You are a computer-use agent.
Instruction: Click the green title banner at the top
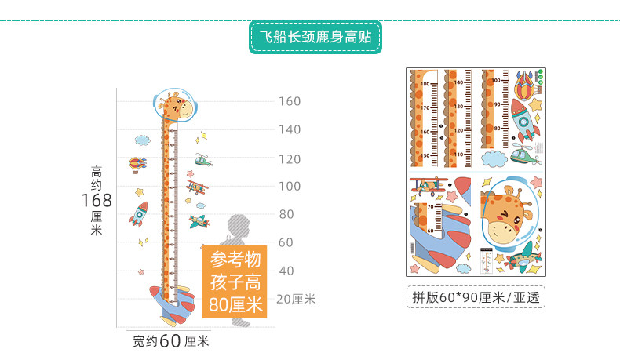[x=315, y=37]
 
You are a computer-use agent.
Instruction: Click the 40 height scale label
[x=287, y=271]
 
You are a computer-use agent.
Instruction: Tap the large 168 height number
[x=97, y=201]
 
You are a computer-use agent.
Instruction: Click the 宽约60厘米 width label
[x=170, y=341]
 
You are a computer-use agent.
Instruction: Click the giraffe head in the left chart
[x=176, y=107]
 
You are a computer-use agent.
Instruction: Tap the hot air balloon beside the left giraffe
[x=138, y=165]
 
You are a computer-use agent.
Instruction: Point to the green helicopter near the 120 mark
[x=203, y=160]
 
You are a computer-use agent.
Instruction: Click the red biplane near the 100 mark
[x=198, y=187]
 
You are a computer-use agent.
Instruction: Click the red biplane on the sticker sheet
[x=426, y=186]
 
